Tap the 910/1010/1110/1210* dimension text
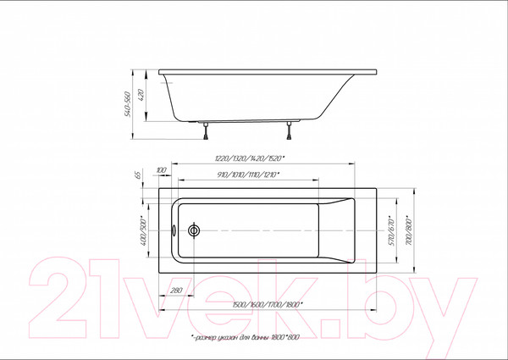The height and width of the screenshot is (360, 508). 248,175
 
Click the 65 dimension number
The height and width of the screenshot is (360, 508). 135,175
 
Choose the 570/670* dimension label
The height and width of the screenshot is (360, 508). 392,230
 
